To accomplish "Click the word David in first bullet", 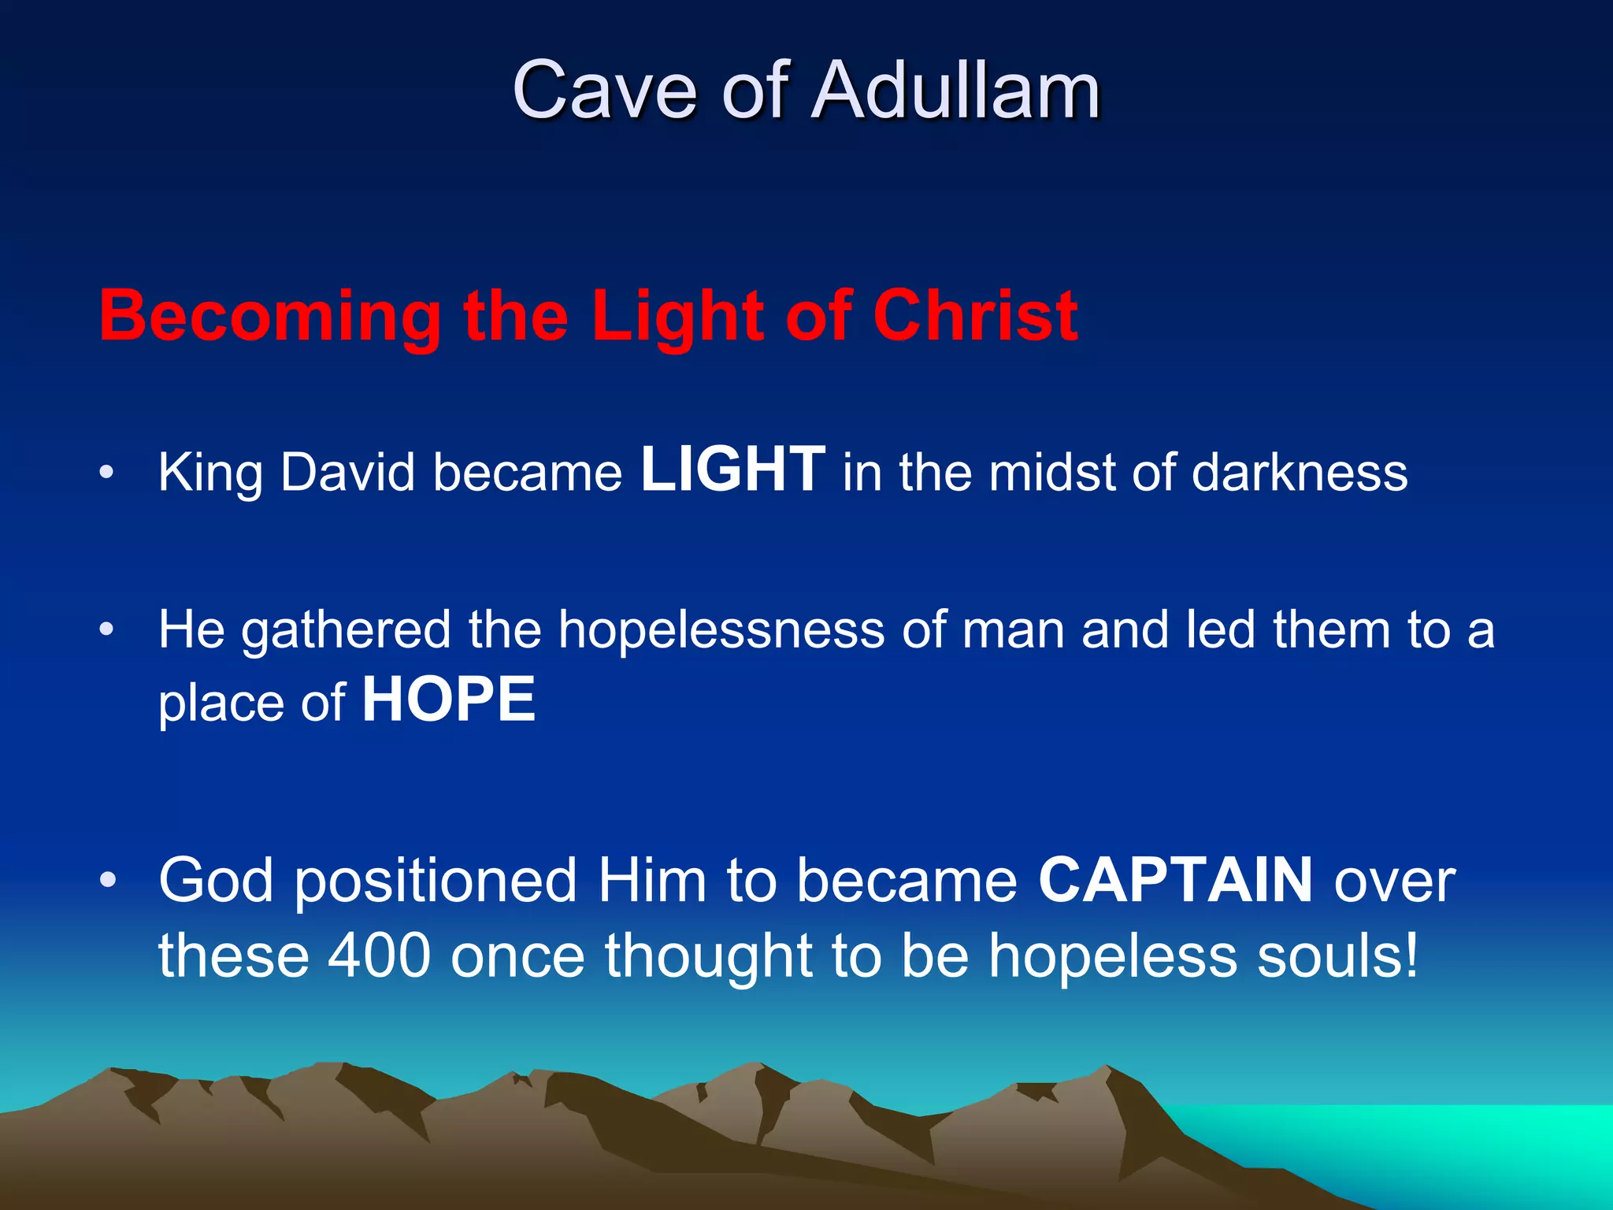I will click(x=347, y=473).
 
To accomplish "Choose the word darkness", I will click(x=1300, y=473).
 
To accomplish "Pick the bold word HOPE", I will click(x=449, y=700).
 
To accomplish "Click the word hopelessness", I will click(x=721, y=630).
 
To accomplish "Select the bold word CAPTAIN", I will click(x=1175, y=880).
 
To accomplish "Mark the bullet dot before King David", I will click(x=107, y=473).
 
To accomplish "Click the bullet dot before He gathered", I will click(x=107, y=629).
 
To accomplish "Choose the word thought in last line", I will click(x=709, y=956).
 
